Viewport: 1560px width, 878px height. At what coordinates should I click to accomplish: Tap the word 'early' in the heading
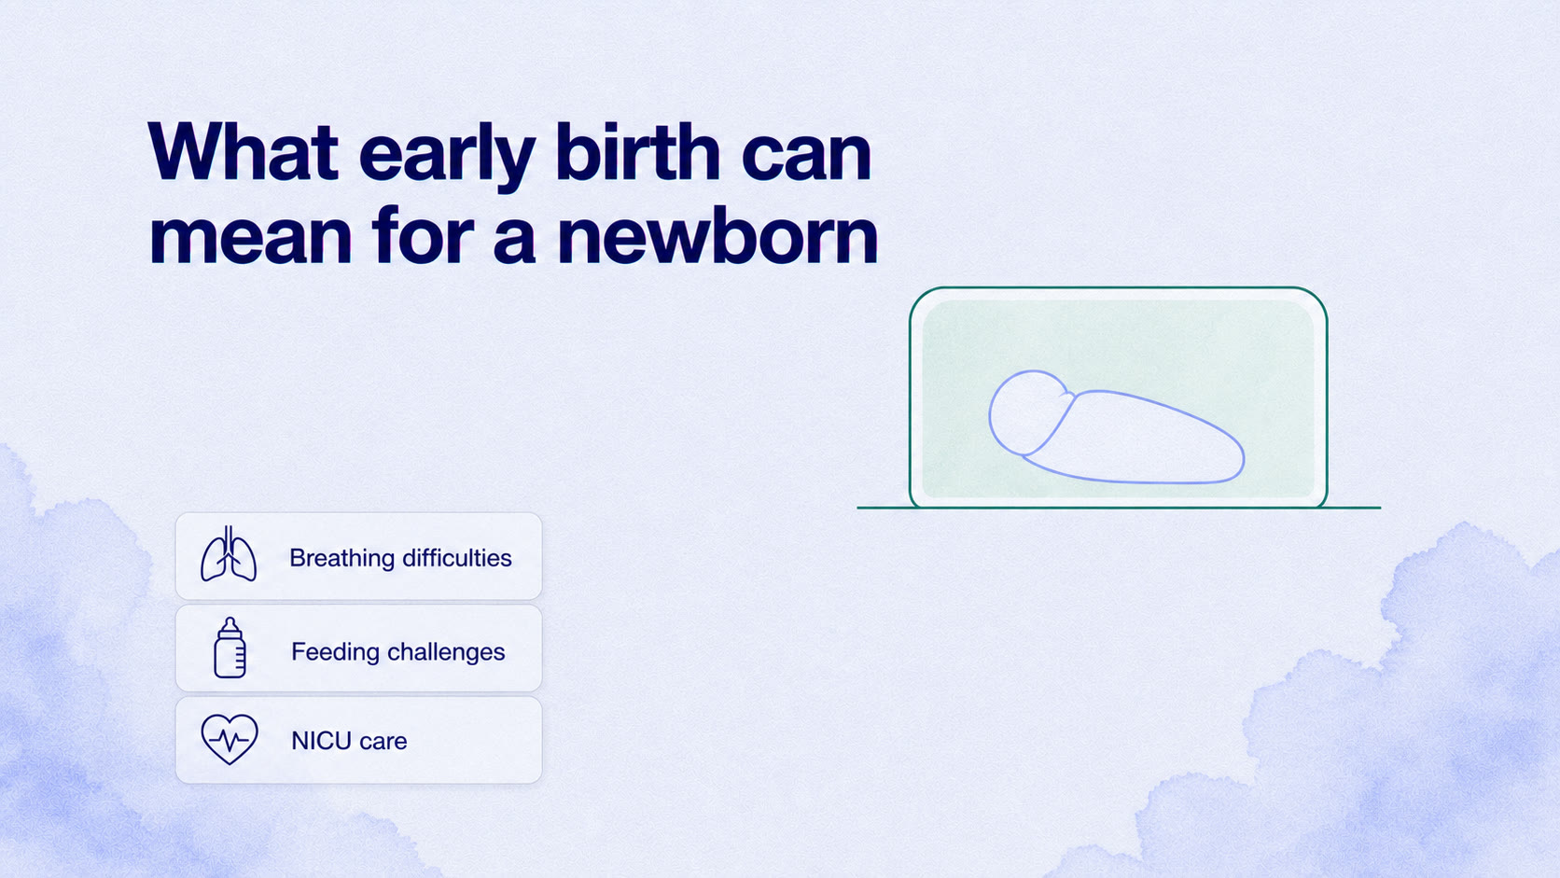(x=447, y=156)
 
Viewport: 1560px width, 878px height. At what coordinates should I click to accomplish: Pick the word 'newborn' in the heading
(x=717, y=234)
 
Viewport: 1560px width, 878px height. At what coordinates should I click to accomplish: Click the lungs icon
(x=229, y=554)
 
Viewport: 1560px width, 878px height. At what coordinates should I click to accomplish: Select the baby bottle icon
(x=230, y=648)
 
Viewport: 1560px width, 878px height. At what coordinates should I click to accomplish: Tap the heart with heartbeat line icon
(x=230, y=739)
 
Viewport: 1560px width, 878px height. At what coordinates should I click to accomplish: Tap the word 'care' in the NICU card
(x=383, y=742)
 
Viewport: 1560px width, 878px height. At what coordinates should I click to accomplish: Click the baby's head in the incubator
(x=1026, y=413)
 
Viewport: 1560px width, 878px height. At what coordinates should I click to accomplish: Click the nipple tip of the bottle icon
(x=230, y=620)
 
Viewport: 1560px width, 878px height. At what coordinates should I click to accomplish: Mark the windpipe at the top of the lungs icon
(x=229, y=537)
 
